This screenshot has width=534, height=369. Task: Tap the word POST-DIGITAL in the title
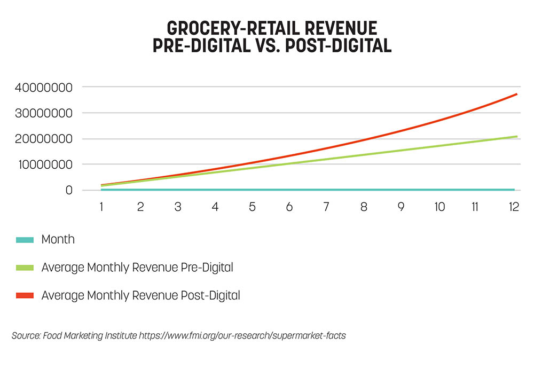click(338, 45)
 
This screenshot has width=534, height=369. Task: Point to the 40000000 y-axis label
click(44, 88)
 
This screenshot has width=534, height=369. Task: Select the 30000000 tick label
click(44, 113)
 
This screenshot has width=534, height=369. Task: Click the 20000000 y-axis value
click(44, 139)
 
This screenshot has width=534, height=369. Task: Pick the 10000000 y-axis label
click(45, 164)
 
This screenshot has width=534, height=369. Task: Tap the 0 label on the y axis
click(69, 190)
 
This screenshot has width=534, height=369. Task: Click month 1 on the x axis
click(101, 207)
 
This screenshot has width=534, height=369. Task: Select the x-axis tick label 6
click(289, 207)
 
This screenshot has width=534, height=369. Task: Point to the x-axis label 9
click(401, 207)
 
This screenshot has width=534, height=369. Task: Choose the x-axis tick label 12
click(514, 207)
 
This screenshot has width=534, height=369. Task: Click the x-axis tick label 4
click(215, 207)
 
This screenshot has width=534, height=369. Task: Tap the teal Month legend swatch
click(25, 240)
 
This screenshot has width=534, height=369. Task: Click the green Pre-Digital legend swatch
click(25, 268)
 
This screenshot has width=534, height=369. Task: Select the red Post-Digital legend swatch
click(25, 295)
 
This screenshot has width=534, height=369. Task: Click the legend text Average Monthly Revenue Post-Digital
click(140, 295)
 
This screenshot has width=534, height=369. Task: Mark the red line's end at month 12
click(517, 94)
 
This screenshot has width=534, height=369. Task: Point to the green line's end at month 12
click(517, 137)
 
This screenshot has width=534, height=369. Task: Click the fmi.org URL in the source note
click(242, 336)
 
